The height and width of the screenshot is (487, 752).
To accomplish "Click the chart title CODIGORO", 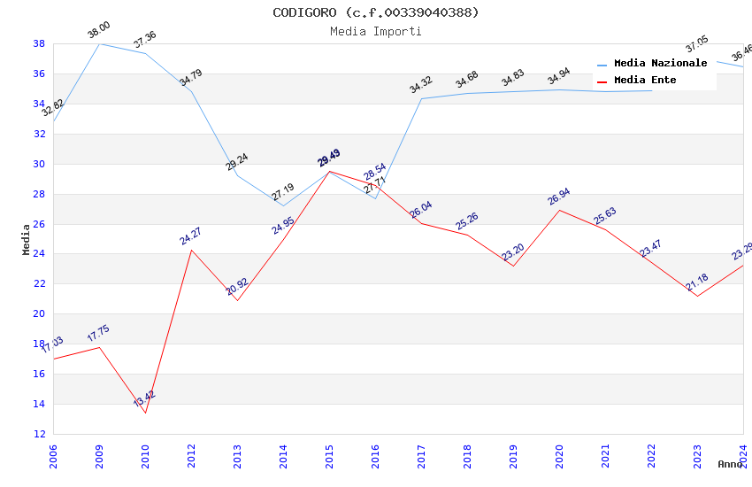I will tap(376, 12).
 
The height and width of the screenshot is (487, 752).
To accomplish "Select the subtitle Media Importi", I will tap(376, 31).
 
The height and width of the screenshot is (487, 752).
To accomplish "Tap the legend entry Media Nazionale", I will tap(660, 63).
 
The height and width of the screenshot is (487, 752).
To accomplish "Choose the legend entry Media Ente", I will tap(645, 80).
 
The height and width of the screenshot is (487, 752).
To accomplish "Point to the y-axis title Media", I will tap(27, 239).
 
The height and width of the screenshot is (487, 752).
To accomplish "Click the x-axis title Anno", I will tap(730, 464).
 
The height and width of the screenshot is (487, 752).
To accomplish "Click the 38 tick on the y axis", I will tap(39, 43).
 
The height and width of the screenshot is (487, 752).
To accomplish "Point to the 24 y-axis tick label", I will tap(39, 254).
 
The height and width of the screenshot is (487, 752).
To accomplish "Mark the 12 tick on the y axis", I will tap(39, 434).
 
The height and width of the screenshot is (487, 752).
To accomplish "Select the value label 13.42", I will tap(145, 398).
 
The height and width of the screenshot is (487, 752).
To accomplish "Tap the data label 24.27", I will tap(191, 236).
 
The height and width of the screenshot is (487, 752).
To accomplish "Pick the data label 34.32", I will tap(421, 85).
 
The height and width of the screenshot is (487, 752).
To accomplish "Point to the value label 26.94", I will tap(559, 197).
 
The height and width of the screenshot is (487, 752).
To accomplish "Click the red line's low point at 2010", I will tap(145, 413).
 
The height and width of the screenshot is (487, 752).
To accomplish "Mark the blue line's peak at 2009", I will tap(99, 43).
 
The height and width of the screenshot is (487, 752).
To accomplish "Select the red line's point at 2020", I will tap(559, 210).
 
